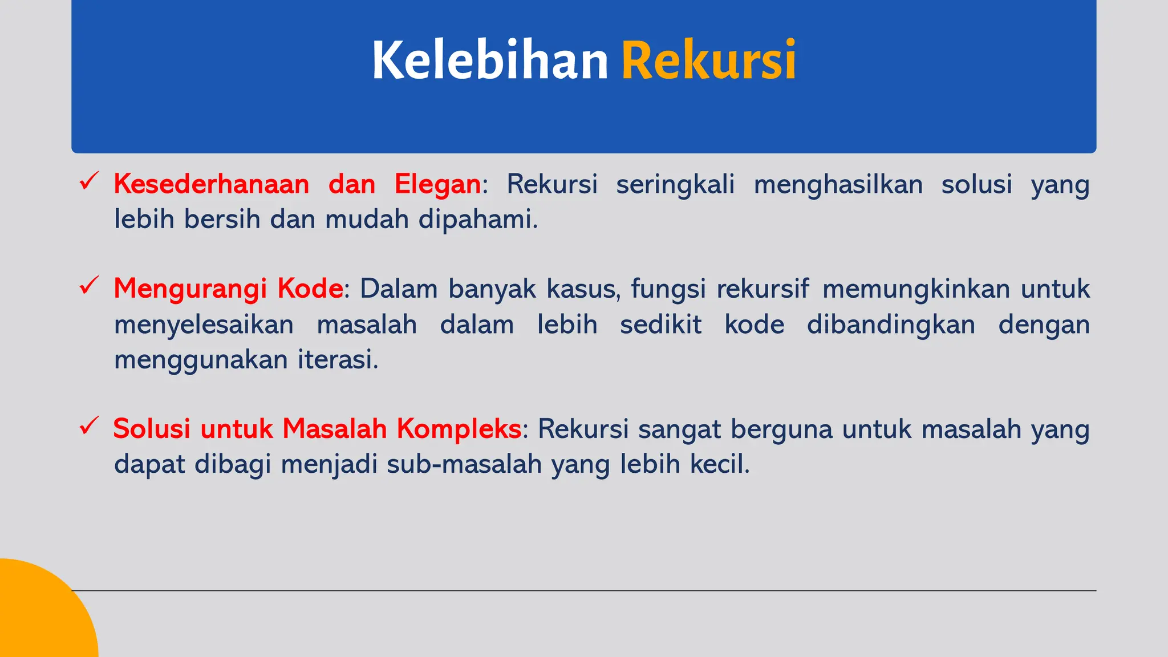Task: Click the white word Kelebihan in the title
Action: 490,60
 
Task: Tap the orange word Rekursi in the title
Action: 708,60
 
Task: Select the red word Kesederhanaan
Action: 212,185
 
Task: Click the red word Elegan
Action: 437,185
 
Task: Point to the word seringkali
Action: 675,185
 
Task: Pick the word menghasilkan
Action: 838,185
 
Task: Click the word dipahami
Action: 478,220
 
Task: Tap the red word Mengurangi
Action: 190,289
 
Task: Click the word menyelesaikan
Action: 204,325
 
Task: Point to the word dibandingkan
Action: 891,325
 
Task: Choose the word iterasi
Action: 338,360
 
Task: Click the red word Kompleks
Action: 459,429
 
